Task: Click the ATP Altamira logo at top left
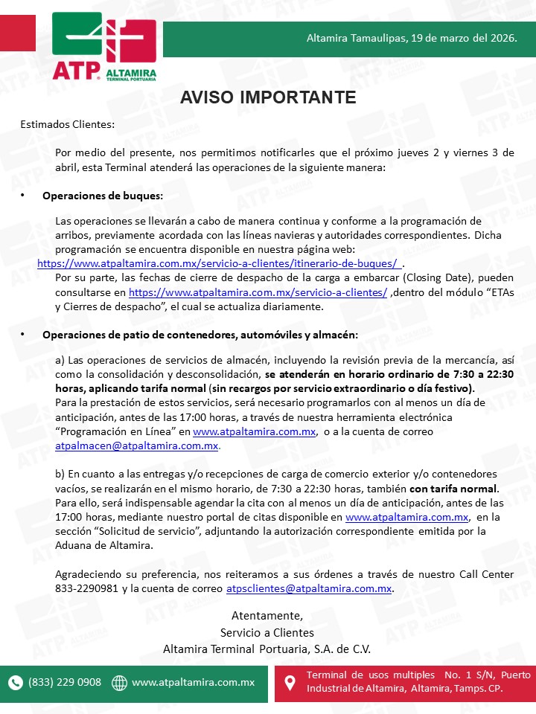[x=104, y=46]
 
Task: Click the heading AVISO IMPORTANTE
[x=268, y=98]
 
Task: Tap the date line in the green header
[x=412, y=36]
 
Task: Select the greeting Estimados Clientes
[x=68, y=124]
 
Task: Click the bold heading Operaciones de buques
[x=102, y=196]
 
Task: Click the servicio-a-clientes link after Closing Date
[x=258, y=292]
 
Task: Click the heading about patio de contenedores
[x=200, y=335]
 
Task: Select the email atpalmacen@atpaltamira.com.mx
[x=137, y=446]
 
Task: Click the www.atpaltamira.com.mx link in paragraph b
[x=406, y=517]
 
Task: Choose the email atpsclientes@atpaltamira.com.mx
[x=309, y=588]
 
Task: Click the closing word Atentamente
[x=267, y=616]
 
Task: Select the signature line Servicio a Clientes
[x=267, y=632]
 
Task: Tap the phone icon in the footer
[x=16, y=682]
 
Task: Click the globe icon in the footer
[x=119, y=682]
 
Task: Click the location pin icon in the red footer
[x=290, y=682]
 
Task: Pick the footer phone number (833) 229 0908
[x=65, y=682]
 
